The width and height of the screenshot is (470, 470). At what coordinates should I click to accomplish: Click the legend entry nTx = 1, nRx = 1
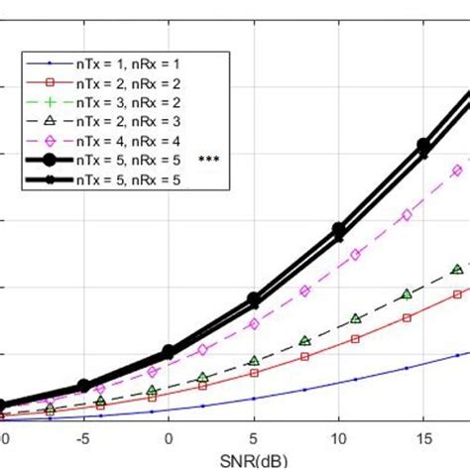[125, 64]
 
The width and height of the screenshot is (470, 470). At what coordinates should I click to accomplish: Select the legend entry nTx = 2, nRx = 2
[125, 83]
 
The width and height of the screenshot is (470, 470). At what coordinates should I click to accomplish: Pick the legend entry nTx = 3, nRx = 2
[125, 102]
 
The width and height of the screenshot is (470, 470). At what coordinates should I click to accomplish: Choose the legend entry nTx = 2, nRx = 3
[125, 121]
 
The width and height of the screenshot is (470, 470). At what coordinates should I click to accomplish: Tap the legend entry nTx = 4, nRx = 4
[125, 140]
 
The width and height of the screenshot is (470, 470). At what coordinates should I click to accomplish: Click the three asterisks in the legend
[208, 160]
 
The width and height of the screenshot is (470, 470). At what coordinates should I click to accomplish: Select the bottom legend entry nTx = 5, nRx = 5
[125, 178]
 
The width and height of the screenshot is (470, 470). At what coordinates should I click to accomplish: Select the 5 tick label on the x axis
[254, 437]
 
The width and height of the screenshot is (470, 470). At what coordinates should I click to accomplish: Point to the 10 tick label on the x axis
[338, 437]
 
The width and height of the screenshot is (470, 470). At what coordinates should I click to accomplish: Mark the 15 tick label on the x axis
[422, 437]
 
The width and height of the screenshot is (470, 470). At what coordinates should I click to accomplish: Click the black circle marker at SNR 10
[338, 229]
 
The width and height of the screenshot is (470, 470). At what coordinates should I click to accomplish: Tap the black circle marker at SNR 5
[254, 297]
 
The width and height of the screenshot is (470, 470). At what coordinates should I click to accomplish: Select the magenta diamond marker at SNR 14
[406, 215]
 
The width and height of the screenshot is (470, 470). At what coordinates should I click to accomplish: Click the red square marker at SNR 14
[406, 317]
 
